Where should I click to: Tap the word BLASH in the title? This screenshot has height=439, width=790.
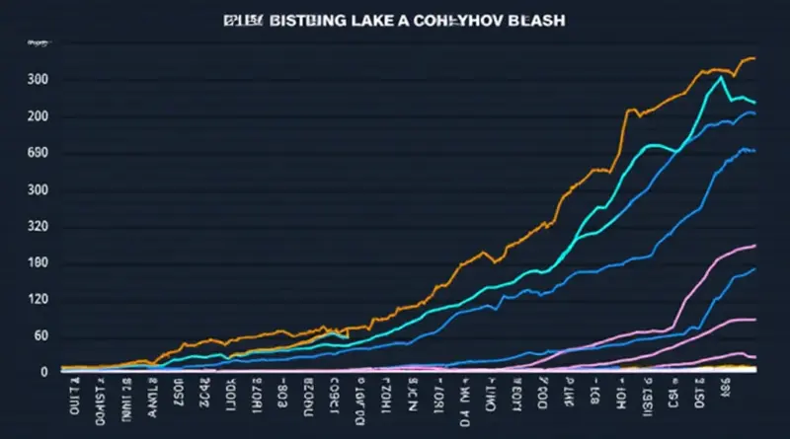point(535,22)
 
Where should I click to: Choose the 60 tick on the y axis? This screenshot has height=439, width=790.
point(40,337)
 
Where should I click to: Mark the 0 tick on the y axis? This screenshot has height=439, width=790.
point(43,373)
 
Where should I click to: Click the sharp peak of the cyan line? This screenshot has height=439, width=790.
point(724,77)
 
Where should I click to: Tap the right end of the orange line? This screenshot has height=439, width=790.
point(754,58)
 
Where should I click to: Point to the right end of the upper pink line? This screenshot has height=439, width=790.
point(754,245)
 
